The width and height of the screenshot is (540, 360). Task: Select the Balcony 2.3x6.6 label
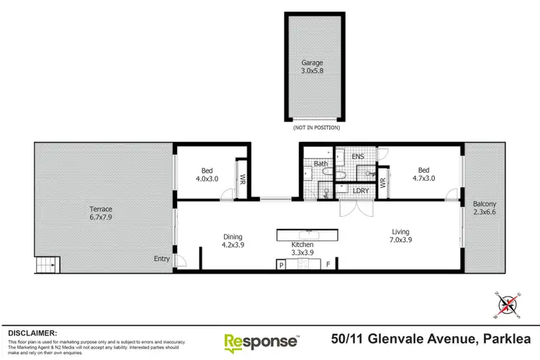click(x=484, y=208)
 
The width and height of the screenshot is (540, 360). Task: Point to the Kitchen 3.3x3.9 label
click(x=307, y=250)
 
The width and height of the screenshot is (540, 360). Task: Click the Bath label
click(x=321, y=164)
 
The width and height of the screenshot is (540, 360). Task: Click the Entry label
click(x=162, y=259)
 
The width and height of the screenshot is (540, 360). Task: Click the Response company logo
click(x=261, y=341)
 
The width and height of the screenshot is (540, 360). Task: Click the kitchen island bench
click(x=307, y=235)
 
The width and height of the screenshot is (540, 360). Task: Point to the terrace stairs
click(x=47, y=265)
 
